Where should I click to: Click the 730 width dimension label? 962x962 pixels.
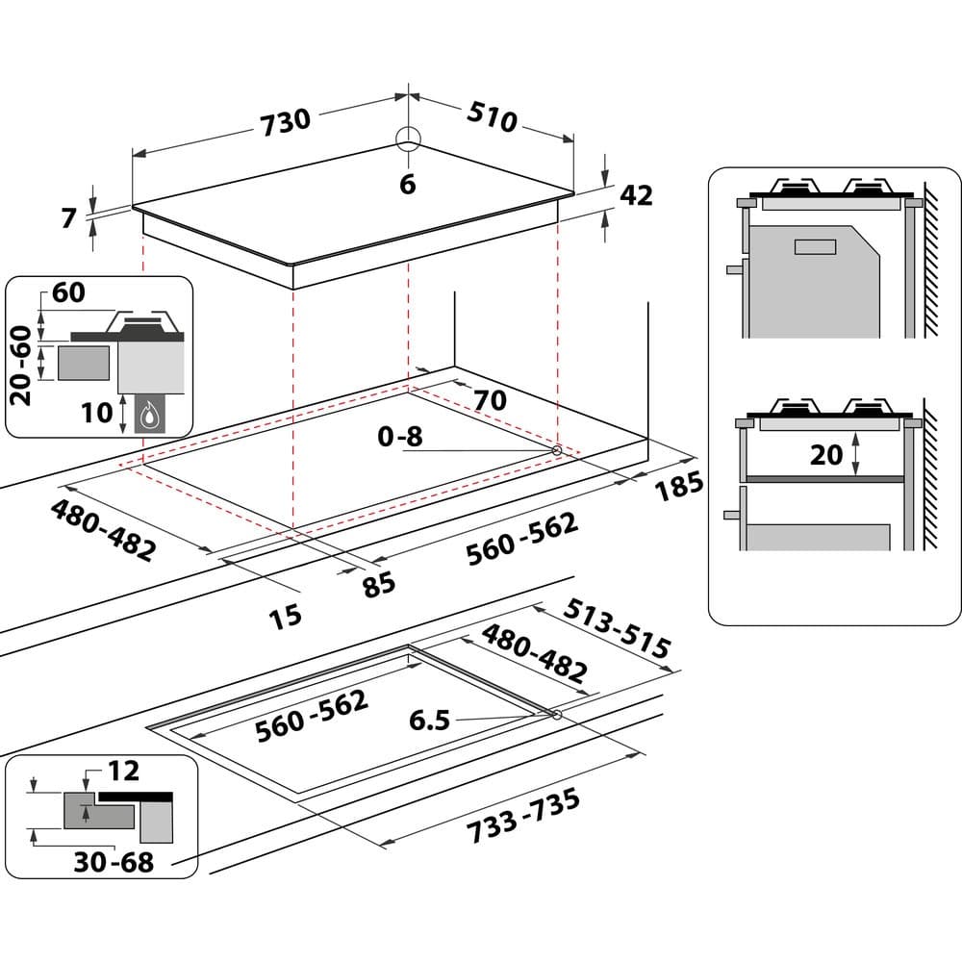click(x=286, y=120)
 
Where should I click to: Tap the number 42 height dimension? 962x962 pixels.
click(x=636, y=195)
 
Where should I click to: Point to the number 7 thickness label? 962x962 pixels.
click(x=68, y=218)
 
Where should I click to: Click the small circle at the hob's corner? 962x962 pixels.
click(x=408, y=139)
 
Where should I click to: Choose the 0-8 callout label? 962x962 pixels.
click(x=400, y=437)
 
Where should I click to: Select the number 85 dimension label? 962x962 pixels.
click(x=379, y=583)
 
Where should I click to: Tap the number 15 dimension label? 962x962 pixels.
click(x=285, y=615)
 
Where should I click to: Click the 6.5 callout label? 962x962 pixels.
click(x=429, y=721)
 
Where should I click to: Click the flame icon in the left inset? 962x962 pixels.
click(x=149, y=416)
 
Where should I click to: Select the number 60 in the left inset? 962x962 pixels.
click(x=68, y=293)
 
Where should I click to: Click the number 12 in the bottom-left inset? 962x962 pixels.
click(x=123, y=771)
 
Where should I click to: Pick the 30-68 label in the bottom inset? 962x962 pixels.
click(x=114, y=862)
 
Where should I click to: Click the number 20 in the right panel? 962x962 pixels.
click(x=826, y=454)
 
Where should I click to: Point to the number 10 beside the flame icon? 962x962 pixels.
click(x=96, y=413)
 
